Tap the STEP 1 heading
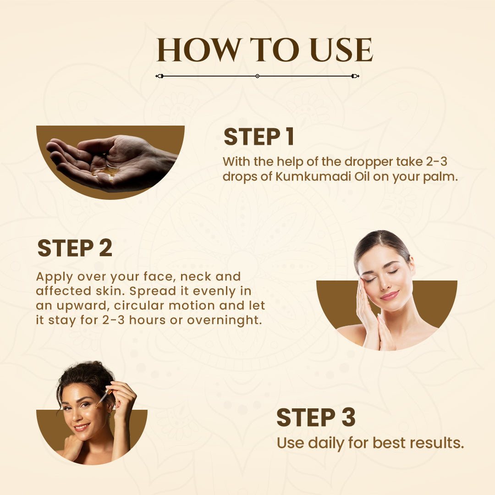[x=258, y=137]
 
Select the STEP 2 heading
[x=75, y=248]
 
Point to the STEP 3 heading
[x=316, y=418]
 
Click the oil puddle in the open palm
[x=106, y=171]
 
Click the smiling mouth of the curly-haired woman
[x=81, y=427]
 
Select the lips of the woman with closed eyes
[x=389, y=295]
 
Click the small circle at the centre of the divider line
[x=257, y=76]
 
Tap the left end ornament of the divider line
[x=159, y=76]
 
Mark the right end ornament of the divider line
[x=355, y=76]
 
